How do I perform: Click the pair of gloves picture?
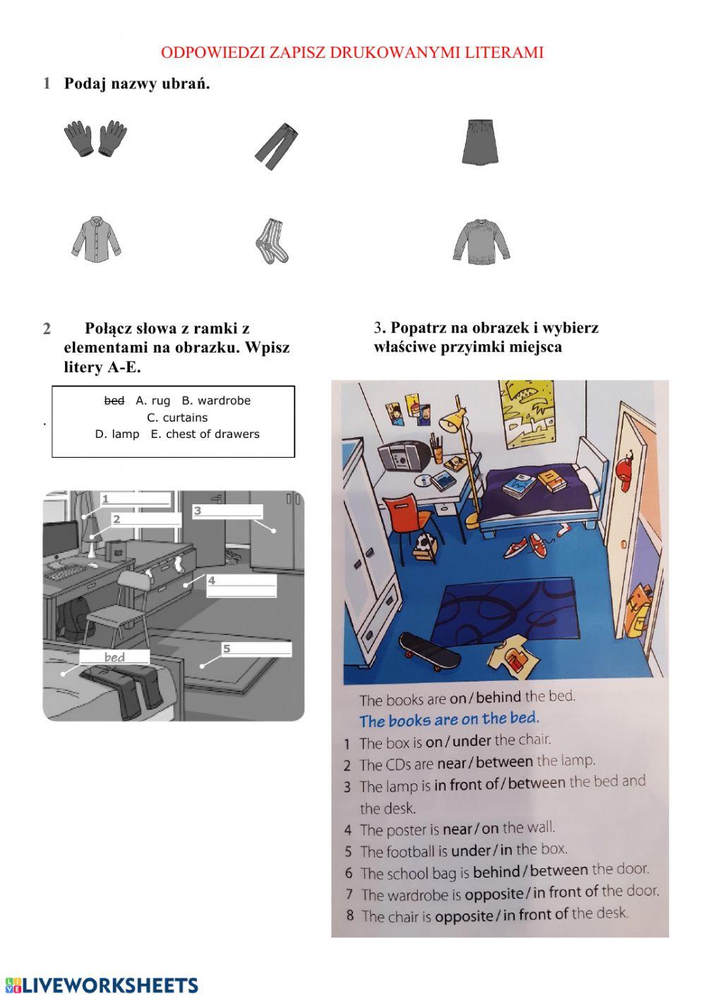[95, 138]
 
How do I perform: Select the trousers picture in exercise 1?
[277, 146]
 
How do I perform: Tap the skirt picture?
[481, 142]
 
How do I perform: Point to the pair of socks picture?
[272, 241]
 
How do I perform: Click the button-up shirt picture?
[96, 239]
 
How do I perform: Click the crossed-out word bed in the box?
[114, 400]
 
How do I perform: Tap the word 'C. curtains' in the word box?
[177, 417]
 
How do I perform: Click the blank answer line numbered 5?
[257, 649]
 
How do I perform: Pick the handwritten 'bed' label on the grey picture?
[114, 657]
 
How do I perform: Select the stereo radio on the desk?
[400, 456]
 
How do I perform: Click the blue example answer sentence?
[449, 720]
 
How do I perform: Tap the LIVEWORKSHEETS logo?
[102, 985]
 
